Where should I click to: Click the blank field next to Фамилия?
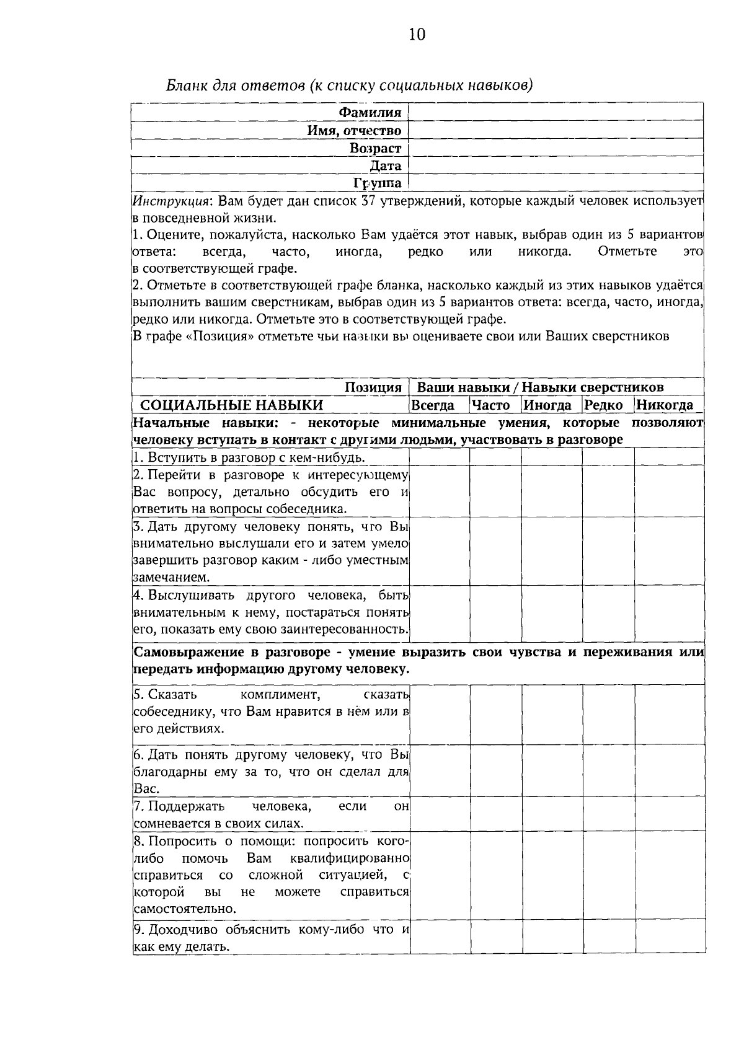coord(556,113)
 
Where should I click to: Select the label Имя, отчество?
coord(355,131)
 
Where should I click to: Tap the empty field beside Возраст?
coord(556,148)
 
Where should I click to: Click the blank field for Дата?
coord(556,165)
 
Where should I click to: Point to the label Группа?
coord(377,183)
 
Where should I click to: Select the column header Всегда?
coord(433,406)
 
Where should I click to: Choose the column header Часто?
coord(491,406)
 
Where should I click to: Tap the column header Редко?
coord(604,406)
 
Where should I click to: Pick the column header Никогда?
coord(665,406)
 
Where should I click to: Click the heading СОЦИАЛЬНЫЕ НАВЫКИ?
coord(231,406)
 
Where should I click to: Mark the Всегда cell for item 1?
coord(439,457)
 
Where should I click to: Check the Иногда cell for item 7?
coord(551,815)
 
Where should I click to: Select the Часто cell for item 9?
coord(495,938)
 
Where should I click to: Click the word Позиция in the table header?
coord(373,388)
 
